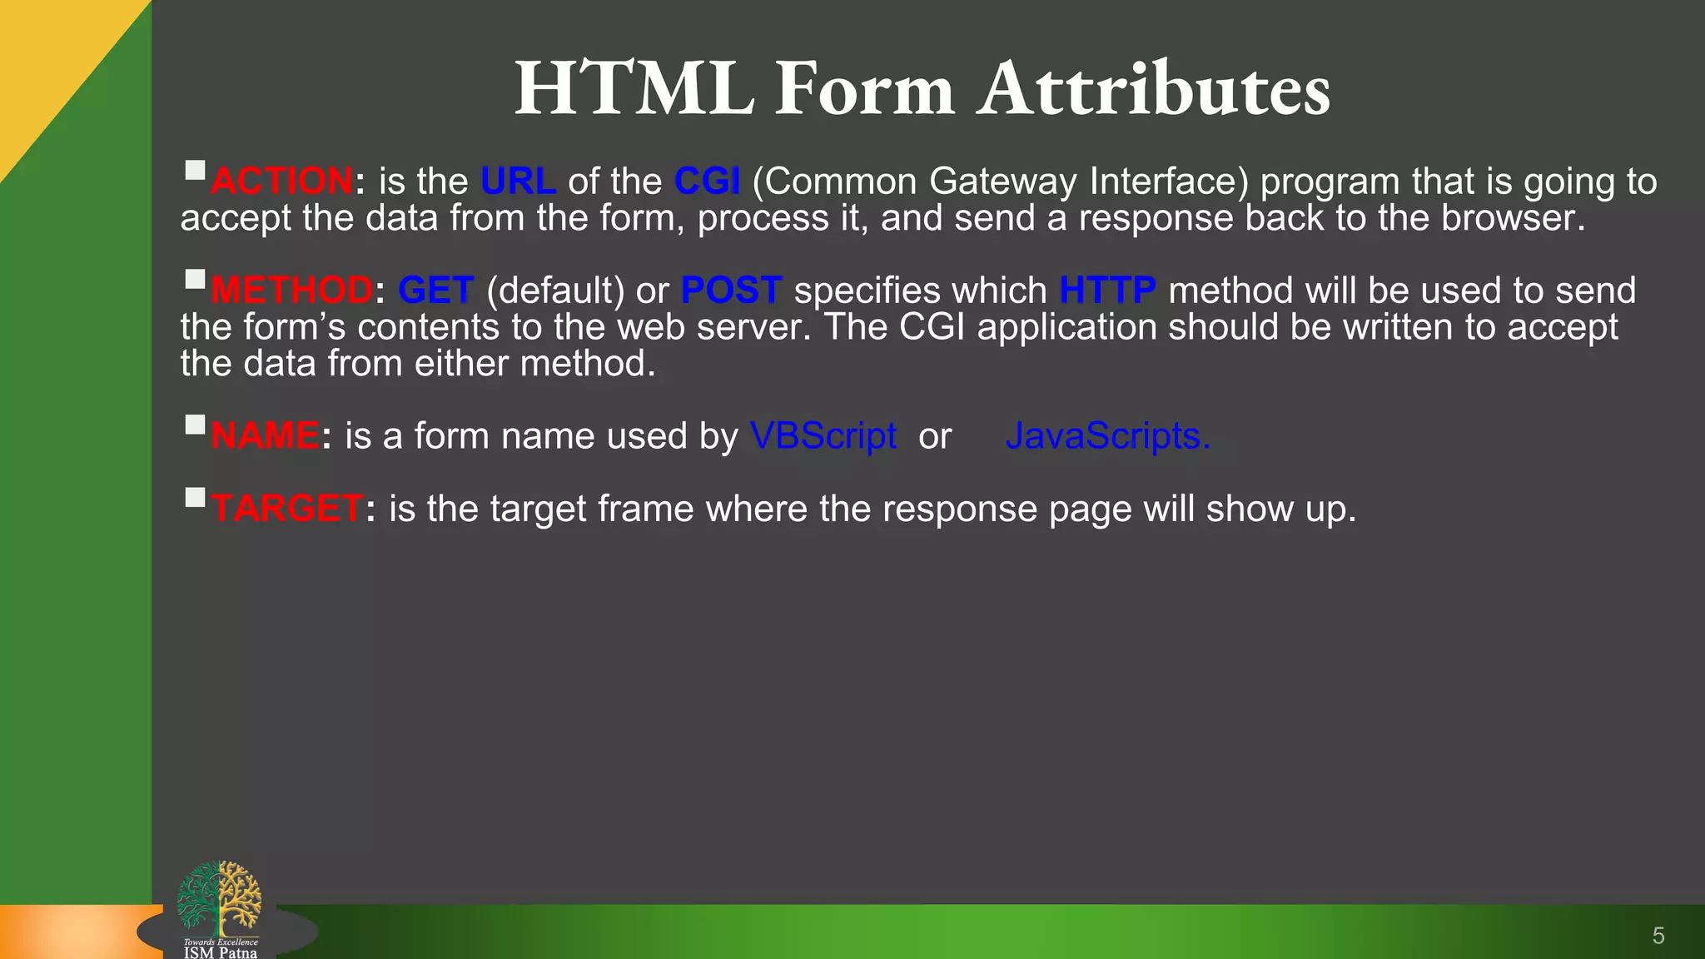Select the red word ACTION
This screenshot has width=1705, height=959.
(x=282, y=181)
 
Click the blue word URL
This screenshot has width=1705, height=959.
(x=518, y=181)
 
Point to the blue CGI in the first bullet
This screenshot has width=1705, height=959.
(x=707, y=181)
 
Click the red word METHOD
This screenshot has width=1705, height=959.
(x=291, y=291)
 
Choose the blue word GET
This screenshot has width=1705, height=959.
(x=435, y=291)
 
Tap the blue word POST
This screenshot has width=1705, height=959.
(x=731, y=291)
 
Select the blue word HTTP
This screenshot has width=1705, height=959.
(x=1107, y=291)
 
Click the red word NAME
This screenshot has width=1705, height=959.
(x=265, y=436)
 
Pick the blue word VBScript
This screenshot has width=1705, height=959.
(x=823, y=436)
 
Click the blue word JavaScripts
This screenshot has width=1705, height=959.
(x=1107, y=436)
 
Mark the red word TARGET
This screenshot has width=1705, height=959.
(x=286, y=509)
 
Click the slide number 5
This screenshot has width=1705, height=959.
(x=1658, y=936)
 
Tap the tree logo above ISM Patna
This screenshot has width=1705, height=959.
(x=220, y=897)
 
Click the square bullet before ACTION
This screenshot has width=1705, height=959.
(x=195, y=171)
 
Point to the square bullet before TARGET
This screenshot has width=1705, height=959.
(x=195, y=498)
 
